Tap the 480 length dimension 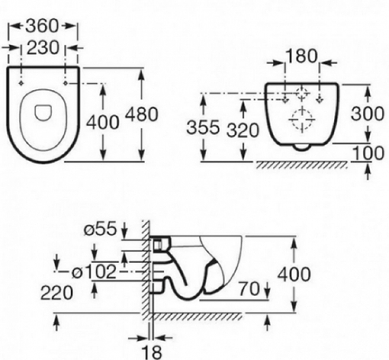click(x=141, y=115)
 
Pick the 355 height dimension click(x=203, y=129)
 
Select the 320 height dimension click(x=243, y=130)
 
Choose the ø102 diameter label click(x=94, y=272)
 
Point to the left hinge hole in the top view click(x=21, y=83)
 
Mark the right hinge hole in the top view click(x=66, y=83)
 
